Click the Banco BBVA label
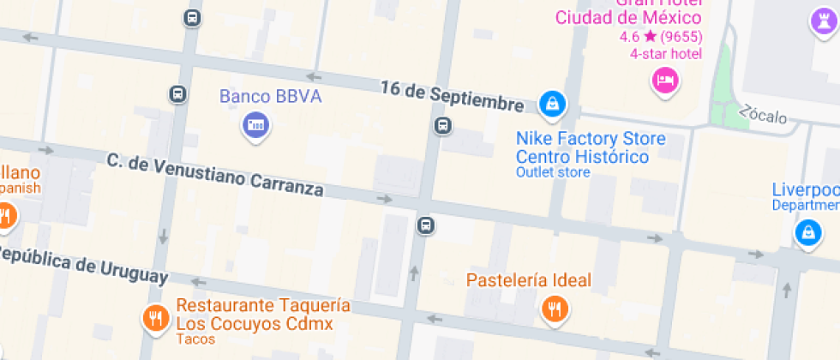click(x=271, y=96)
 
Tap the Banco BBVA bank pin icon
click(x=255, y=126)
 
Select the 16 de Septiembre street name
click(x=452, y=96)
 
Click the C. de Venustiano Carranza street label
click(x=215, y=173)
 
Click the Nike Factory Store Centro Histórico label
click(x=590, y=147)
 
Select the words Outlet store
click(x=553, y=172)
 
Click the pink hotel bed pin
click(x=665, y=81)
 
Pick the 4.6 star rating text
click(x=661, y=37)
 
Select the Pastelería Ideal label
click(x=529, y=279)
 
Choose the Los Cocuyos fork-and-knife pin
click(x=155, y=318)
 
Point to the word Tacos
click(x=196, y=339)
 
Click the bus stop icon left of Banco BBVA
click(x=178, y=94)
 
